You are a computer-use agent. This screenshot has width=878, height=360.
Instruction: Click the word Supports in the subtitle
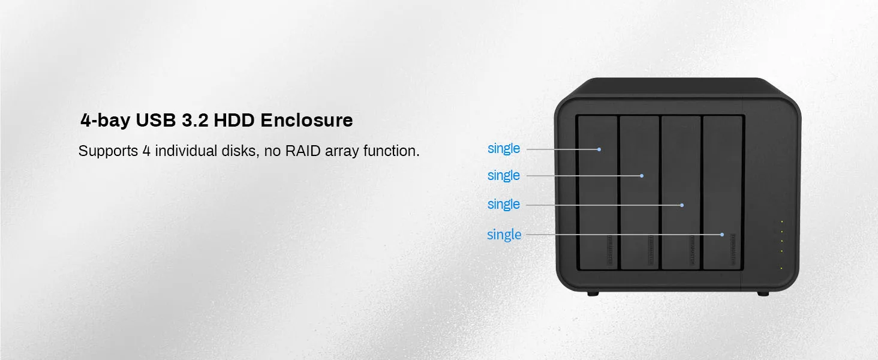click(108, 151)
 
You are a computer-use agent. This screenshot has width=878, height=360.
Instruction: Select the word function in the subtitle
click(391, 151)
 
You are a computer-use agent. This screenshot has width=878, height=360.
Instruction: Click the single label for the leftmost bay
click(504, 148)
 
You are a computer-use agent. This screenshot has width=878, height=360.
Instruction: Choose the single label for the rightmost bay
click(504, 235)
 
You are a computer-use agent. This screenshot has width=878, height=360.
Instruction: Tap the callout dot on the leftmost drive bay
click(599, 149)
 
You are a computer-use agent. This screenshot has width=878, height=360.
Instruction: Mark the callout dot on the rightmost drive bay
click(722, 235)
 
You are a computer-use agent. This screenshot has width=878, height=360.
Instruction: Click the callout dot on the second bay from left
click(642, 176)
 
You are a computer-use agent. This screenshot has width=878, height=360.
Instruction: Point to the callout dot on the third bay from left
click(682, 205)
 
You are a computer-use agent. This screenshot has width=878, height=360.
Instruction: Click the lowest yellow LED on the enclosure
click(781, 268)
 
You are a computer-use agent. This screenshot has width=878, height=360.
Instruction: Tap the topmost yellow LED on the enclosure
click(781, 222)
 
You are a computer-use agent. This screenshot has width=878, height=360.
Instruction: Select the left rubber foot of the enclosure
click(592, 293)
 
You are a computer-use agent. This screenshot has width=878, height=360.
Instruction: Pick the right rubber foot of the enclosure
click(763, 293)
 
